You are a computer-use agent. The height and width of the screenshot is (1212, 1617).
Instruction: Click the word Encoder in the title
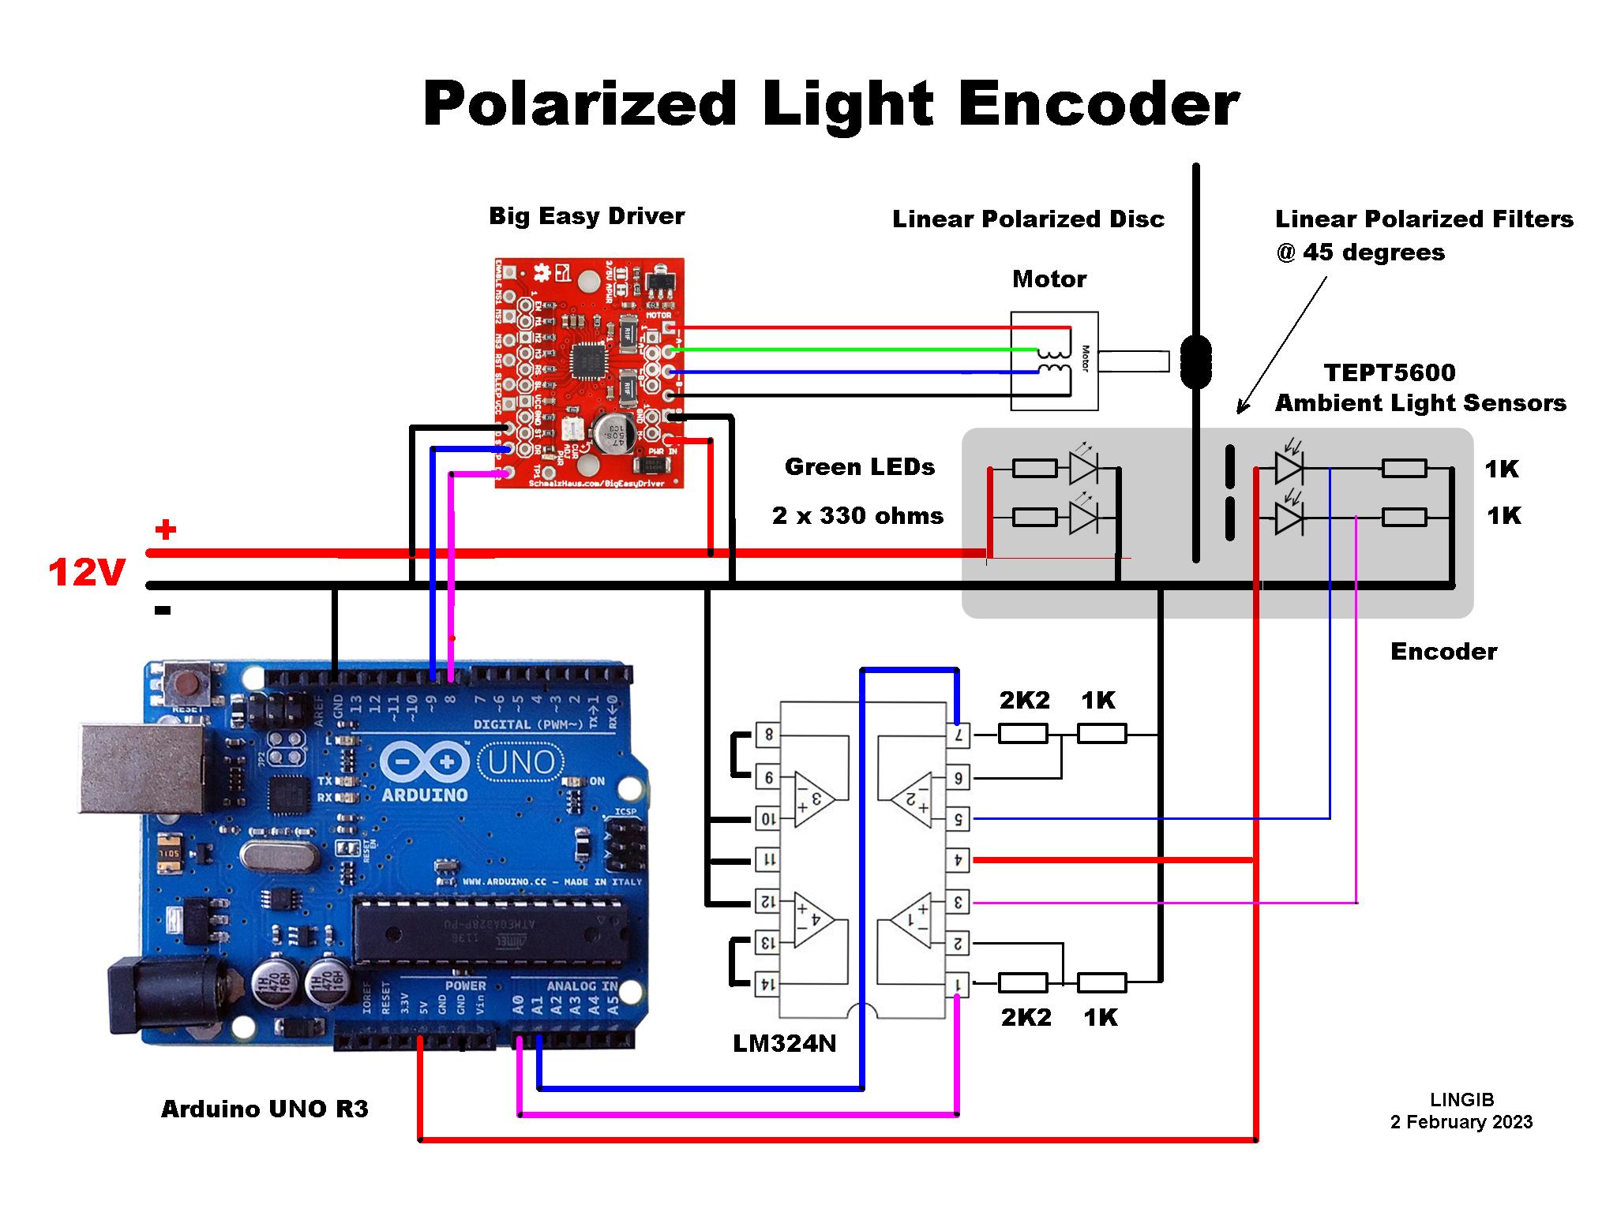1098,104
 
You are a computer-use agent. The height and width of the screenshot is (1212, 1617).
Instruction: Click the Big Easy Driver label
586,216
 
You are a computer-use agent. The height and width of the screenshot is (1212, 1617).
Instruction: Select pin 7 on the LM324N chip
958,735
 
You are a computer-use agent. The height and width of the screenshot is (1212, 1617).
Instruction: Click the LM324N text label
784,1043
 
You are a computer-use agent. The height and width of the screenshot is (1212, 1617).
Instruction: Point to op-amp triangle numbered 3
814,799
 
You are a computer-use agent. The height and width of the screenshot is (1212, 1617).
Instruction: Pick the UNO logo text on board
520,763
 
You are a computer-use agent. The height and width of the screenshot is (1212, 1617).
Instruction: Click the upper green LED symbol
1082,468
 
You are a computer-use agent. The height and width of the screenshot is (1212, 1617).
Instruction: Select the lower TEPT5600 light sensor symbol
1288,518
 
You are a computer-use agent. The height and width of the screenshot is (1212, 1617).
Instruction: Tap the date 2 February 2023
1461,1122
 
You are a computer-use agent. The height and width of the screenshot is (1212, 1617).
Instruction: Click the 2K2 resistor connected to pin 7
1022,735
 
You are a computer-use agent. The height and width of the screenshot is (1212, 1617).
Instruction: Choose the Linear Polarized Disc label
1028,219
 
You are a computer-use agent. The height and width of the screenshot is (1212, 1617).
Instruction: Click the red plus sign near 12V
165,529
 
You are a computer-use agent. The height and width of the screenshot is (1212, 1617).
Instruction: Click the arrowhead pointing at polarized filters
1241,408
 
